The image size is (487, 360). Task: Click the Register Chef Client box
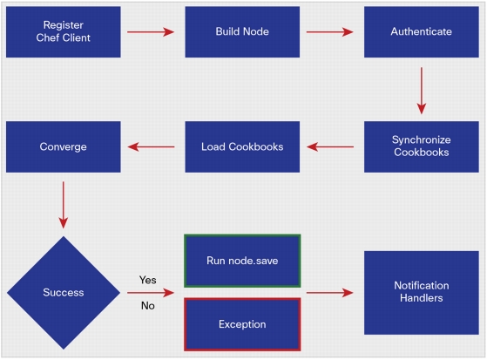(64, 32)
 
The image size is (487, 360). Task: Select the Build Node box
(242, 32)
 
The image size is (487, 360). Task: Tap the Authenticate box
(422, 32)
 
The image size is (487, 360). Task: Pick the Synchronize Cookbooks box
(422, 146)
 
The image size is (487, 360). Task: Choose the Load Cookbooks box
(242, 146)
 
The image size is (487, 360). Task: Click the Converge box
(64, 146)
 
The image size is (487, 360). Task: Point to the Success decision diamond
(64, 293)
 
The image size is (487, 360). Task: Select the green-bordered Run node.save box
(242, 261)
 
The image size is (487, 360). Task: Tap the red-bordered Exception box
(242, 324)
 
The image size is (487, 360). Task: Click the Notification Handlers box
(422, 293)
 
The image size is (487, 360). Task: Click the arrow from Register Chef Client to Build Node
(151, 31)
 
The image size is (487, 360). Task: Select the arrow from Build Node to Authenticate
(330, 31)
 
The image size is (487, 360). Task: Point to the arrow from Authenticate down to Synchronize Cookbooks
(422, 91)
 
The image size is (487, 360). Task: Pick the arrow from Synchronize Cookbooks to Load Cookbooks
(330, 146)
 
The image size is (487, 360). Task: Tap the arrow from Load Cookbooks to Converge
(151, 146)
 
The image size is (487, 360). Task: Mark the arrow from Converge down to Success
(64, 205)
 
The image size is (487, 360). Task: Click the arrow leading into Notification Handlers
(330, 293)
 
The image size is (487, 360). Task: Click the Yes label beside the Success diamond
(148, 280)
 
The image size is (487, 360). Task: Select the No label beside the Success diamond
(148, 306)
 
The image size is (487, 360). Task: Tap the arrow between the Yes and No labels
(151, 293)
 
